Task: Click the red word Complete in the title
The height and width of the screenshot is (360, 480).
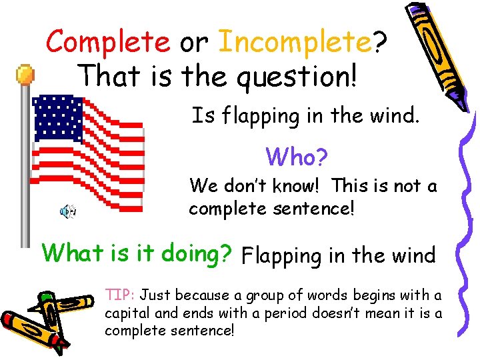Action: tap(108, 42)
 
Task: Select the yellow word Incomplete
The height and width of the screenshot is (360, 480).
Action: tap(295, 42)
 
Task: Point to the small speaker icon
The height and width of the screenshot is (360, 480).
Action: tap(67, 211)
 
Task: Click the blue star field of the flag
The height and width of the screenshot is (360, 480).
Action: tap(58, 118)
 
